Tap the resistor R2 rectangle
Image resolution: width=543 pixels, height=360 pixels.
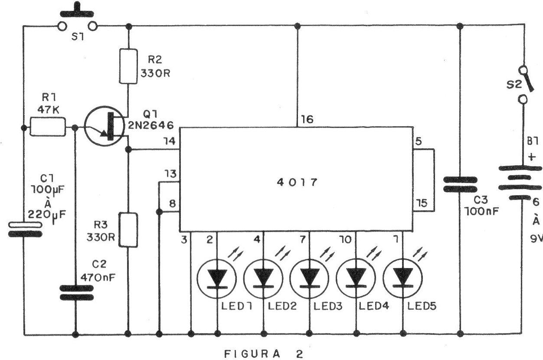[128, 66]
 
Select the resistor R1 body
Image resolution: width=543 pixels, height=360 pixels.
[48, 127]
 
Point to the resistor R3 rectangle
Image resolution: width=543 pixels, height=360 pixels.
[128, 230]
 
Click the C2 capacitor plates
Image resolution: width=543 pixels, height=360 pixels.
[76, 293]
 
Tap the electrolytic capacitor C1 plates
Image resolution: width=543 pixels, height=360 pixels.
[25, 229]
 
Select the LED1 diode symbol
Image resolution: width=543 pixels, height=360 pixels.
[217, 278]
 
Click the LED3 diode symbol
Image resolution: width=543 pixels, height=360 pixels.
[309, 278]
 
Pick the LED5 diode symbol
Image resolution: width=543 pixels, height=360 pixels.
[402, 278]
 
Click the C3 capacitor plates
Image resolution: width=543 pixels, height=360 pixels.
[460, 184]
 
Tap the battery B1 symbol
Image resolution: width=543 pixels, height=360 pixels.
[520, 183]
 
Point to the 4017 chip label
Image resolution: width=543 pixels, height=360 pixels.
[297, 182]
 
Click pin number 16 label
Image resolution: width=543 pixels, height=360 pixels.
[307, 119]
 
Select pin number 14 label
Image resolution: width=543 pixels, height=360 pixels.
[170, 141]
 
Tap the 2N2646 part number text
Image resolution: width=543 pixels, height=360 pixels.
[151, 125]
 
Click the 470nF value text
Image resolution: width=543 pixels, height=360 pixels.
[98, 277]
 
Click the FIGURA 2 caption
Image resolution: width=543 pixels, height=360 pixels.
[264, 354]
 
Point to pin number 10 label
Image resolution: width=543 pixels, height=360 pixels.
[346, 240]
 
